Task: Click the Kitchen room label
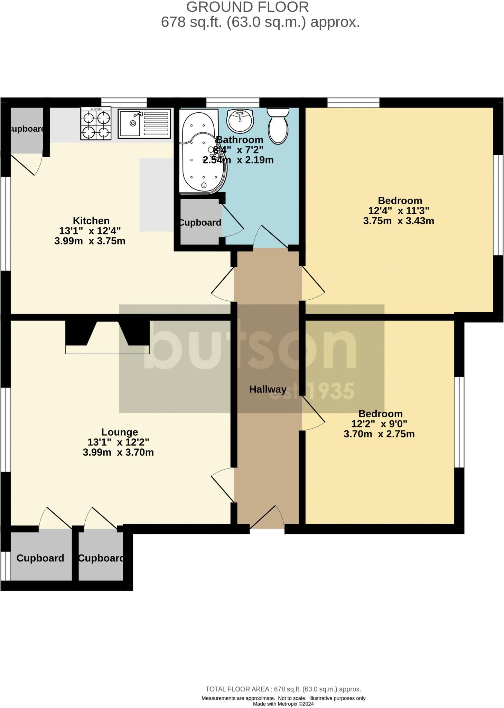pos(91,221)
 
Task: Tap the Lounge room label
pos(120,432)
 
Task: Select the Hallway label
pos(268,389)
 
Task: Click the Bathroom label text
pos(240,140)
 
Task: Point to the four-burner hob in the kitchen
pos(96,123)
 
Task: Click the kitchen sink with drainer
pos(144,123)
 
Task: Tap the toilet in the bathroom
pos(278,125)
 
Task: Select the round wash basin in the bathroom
pos(240,121)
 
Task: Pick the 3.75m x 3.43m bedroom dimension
pos(399,221)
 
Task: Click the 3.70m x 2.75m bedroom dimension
pos(379,434)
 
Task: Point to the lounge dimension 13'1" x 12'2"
pos(118,442)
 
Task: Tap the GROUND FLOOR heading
pos(248,7)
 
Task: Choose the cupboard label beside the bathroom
pos(200,223)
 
